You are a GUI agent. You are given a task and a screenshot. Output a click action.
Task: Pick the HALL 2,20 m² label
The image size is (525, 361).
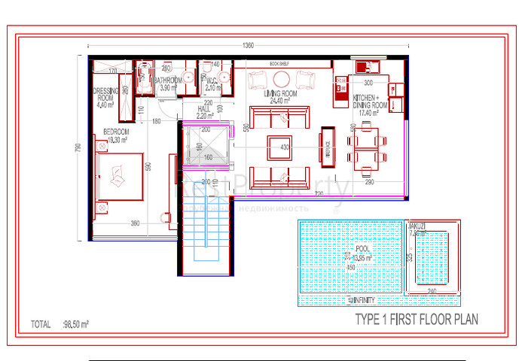click(x=204, y=113)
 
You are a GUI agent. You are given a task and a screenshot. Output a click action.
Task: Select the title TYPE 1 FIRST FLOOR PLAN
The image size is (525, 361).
click(x=416, y=320)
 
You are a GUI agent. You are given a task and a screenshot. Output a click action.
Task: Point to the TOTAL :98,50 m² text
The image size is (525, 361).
click(x=61, y=325)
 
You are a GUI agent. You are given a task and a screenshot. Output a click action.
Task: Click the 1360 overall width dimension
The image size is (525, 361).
click(x=248, y=47)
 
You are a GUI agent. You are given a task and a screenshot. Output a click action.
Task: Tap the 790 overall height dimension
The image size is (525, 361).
click(x=77, y=148)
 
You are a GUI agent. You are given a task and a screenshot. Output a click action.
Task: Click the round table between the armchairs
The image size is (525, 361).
click(x=281, y=79)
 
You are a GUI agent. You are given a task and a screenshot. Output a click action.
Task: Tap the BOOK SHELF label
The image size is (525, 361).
click(x=278, y=64)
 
